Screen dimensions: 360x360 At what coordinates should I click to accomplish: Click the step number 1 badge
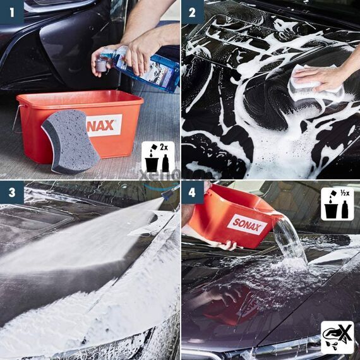pos(11,11)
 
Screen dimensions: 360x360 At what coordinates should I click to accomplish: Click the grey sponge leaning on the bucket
pos(69,140)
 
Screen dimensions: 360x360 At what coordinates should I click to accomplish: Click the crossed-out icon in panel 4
pos(337,337)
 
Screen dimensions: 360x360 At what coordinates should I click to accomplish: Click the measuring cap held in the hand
pos(100,63)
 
